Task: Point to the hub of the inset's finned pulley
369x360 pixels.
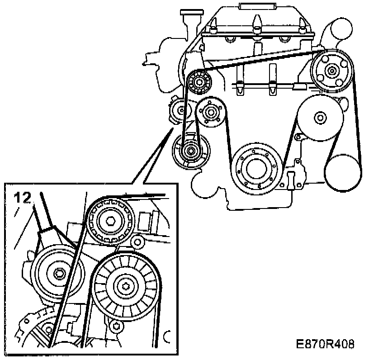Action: point(126,286)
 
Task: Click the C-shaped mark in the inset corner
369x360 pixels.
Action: point(169,337)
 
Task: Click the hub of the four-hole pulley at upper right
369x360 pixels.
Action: point(332,70)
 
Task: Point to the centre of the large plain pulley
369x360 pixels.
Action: point(320,118)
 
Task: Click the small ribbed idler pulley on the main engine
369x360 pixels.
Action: point(198,82)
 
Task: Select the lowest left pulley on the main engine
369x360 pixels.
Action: point(190,150)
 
